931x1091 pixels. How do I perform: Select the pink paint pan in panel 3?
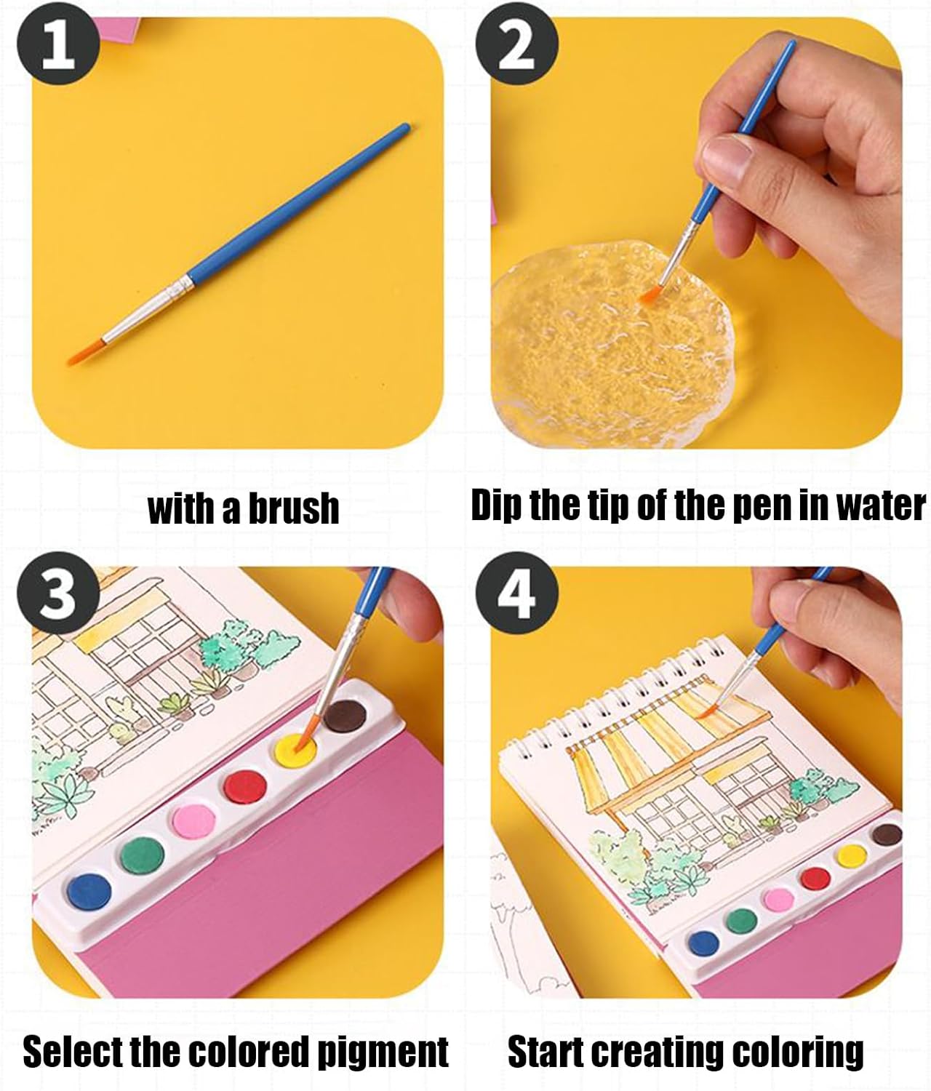[193, 820]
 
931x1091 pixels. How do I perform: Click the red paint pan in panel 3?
[245, 785]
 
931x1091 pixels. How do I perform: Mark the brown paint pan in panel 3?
[345, 715]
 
